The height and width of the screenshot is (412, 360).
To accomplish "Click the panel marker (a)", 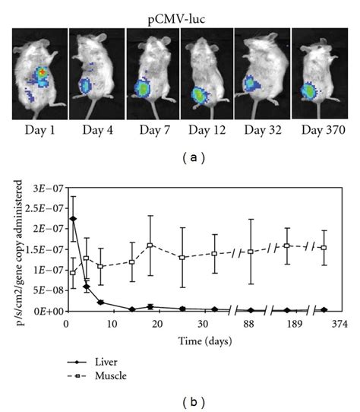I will pyautogui.click(x=180, y=158).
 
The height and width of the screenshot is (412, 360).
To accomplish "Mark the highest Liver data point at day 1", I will pyautogui.click(x=73, y=219).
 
